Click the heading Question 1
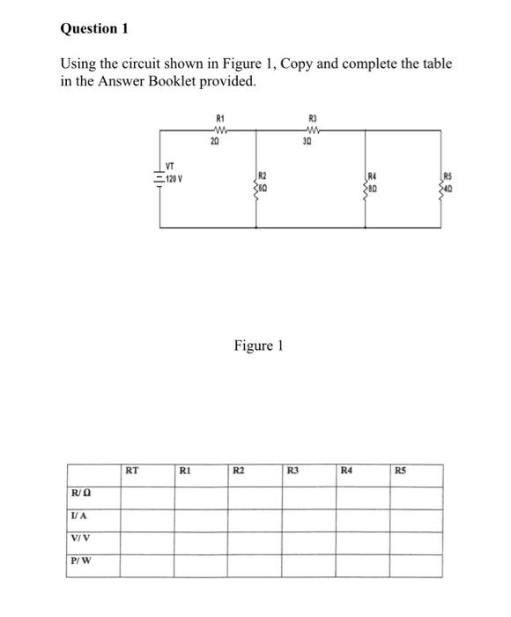94,29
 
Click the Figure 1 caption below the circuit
258,346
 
